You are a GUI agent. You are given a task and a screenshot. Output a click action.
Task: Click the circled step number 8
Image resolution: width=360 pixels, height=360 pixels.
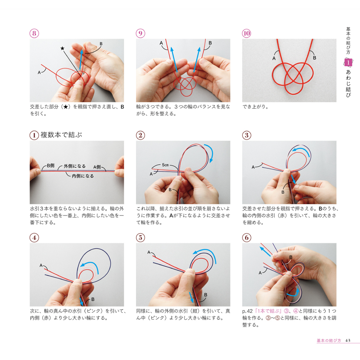coord(34,33)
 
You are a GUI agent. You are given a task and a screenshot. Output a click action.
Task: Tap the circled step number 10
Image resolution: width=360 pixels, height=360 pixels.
coord(246,33)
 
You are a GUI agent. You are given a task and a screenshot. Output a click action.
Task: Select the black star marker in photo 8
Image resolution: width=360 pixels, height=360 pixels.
coord(62,48)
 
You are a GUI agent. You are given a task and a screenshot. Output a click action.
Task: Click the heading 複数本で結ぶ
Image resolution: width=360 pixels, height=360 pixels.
coord(61,135)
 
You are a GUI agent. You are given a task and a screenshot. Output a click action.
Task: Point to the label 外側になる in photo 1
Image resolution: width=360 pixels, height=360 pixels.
coord(75,166)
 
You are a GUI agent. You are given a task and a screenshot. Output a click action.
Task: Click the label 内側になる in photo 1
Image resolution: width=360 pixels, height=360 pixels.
coord(83,176)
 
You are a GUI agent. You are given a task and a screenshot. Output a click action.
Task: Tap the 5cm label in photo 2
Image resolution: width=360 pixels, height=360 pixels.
coord(165,165)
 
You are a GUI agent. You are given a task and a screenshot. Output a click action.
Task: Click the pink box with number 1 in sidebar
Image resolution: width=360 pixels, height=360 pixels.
coord(348,62)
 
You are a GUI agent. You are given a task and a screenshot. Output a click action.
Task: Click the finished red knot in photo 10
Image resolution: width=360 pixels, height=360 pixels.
coord(289,77)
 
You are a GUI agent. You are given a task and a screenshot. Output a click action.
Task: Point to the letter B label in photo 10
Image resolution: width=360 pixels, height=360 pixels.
coord(315,58)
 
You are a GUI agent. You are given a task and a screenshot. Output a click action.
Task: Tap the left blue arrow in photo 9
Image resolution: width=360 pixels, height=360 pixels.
coord(174,59)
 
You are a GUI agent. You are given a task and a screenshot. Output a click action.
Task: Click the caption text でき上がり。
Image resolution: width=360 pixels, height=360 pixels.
coord(256,107)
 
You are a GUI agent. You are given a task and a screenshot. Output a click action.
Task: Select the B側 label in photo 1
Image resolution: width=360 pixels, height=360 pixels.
coord(50,166)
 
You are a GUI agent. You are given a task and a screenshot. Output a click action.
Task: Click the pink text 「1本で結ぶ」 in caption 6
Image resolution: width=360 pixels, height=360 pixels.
coord(268,311)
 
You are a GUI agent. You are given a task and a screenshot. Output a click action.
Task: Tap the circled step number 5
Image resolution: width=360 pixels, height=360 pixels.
coord(140,237)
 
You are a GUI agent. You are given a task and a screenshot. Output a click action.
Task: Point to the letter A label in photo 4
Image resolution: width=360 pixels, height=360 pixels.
coord(41,265)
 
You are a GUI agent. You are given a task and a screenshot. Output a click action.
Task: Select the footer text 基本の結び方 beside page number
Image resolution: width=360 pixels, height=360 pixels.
coord(329,340)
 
